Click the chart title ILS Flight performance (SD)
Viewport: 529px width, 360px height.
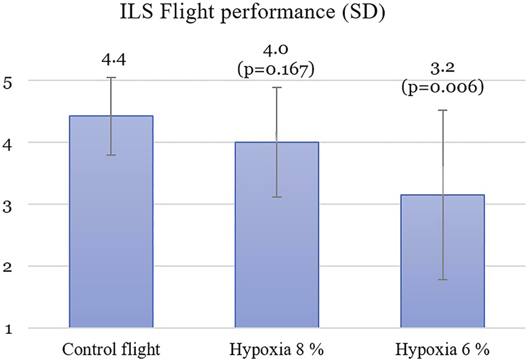[265, 13]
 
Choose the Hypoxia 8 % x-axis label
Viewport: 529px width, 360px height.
[276, 347]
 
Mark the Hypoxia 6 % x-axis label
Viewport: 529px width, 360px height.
[442, 347]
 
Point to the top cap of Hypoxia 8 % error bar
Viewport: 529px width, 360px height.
[276, 87]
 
